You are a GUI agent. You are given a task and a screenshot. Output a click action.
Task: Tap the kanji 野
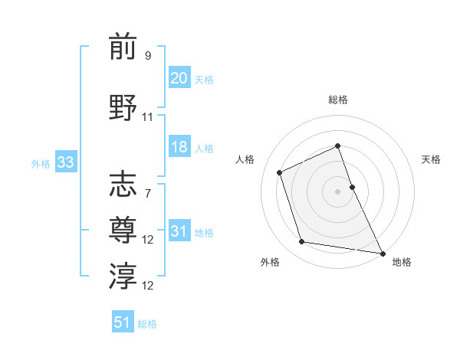tap(123, 106)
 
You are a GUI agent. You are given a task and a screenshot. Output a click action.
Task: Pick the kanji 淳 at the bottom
tap(123, 275)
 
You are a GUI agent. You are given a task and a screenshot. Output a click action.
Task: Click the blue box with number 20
tap(179, 78)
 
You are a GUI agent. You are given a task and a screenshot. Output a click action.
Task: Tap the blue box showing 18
tap(179, 147)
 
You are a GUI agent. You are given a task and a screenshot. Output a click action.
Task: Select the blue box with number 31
tap(179, 232)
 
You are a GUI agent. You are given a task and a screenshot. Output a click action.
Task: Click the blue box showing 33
tap(64, 162)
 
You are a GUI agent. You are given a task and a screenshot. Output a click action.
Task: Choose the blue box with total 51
tap(123, 322)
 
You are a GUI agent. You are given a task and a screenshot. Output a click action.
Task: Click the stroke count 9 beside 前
tap(147, 56)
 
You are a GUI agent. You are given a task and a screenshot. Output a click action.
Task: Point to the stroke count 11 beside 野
tap(148, 117)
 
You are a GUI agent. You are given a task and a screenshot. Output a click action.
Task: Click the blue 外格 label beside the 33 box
tap(41, 163)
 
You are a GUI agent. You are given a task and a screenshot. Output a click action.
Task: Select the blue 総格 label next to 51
tap(147, 324)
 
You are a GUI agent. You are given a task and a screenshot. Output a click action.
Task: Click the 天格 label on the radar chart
tap(432, 159)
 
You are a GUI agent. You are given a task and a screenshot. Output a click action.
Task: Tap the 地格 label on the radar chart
tap(402, 262)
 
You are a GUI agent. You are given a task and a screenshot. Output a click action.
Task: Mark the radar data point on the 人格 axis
tap(280, 172)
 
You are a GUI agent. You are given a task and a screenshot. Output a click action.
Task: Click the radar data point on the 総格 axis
tap(337, 146)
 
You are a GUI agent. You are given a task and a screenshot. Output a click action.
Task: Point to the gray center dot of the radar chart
tap(337, 191)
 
